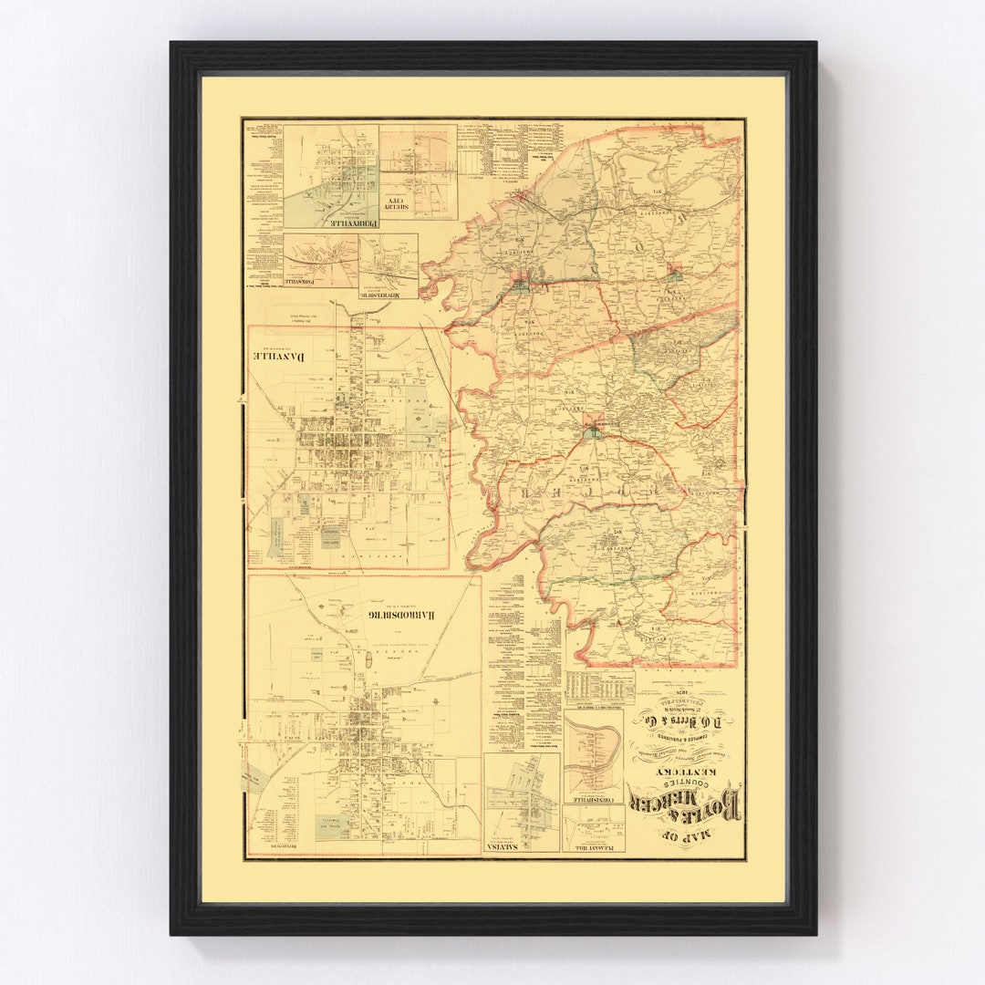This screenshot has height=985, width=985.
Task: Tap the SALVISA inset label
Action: pos(522,846)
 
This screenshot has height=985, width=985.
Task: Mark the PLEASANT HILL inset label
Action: pos(594,846)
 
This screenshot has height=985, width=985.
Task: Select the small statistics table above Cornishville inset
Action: pos(598,688)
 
